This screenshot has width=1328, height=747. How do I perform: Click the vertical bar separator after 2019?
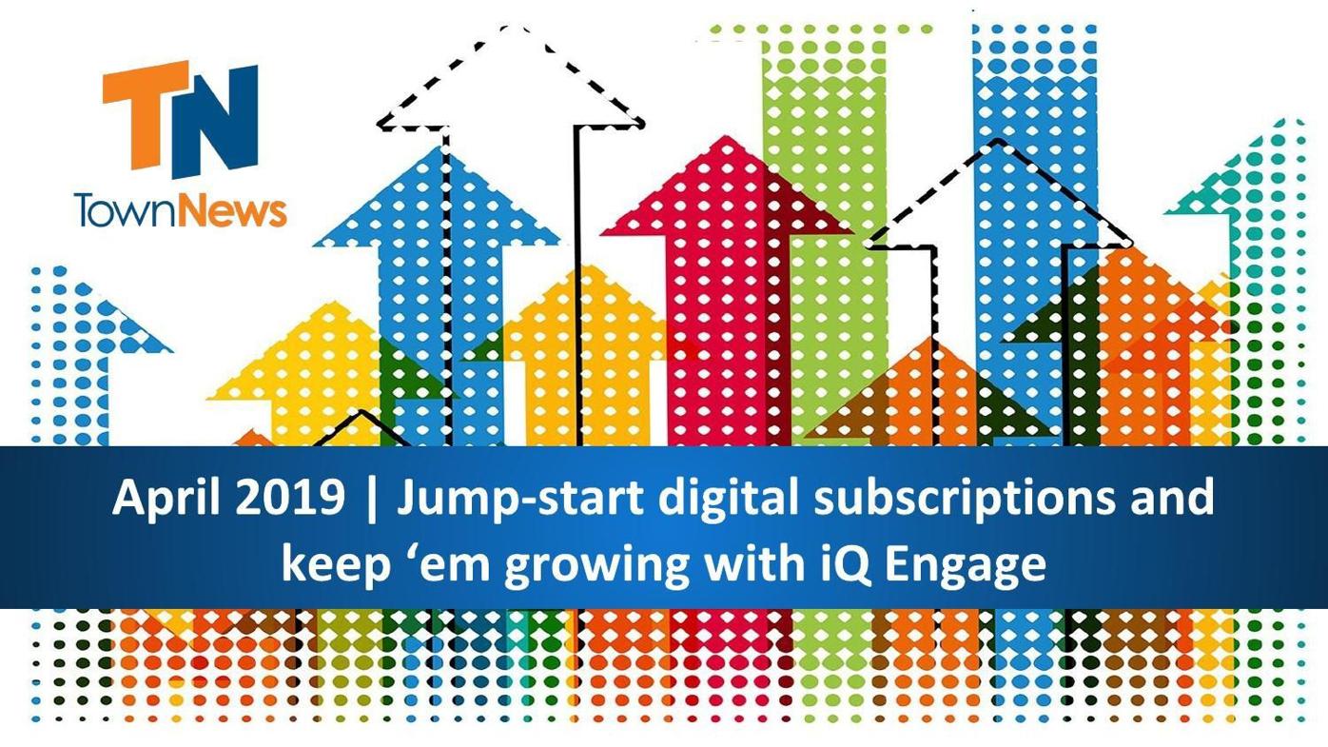[x=371, y=499]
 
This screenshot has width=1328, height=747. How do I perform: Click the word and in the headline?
[x=1171, y=499]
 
